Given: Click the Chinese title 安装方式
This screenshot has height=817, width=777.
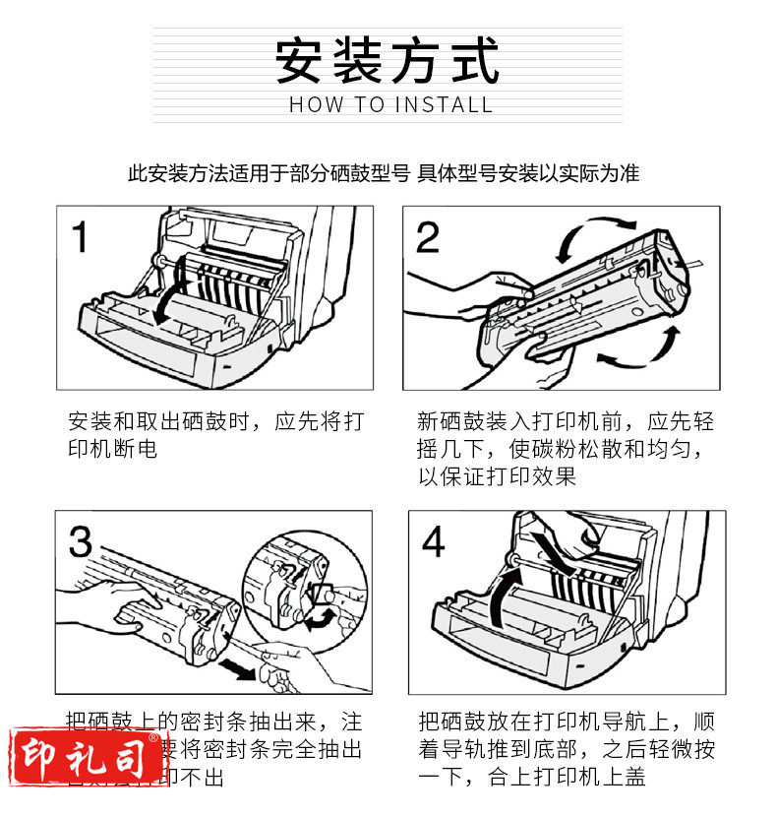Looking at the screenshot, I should click(388, 61).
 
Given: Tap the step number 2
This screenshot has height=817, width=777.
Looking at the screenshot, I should click(427, 238).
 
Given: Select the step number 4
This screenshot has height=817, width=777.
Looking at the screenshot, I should click(433, 542).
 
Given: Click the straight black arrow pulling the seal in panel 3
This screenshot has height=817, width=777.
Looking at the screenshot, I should click(242, 669).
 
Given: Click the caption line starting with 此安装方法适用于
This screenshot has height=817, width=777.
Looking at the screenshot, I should click(384, 174).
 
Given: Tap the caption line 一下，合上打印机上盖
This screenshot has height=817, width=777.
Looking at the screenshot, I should click(532, 778).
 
